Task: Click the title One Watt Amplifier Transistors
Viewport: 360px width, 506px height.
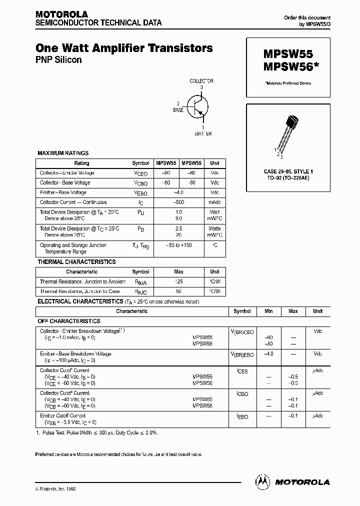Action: tap(124, 48)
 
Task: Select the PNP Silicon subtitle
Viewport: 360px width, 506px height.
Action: tap(58, 60)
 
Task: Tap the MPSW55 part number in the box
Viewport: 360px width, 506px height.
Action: tap(284, 55)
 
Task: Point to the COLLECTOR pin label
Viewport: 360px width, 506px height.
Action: tap(201, 81)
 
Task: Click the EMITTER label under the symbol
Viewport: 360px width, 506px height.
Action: tap(202, 133)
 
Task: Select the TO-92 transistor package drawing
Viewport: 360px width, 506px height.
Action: tap(286, 132)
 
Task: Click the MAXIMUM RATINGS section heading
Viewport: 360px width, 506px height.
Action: tap(63, 153)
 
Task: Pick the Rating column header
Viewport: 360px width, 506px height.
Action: tap(81, 163)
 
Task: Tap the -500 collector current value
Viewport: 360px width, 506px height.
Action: tap(178, 202)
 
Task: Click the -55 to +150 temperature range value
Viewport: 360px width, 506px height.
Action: tap(178, 245)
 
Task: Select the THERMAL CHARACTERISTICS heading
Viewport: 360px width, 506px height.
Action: tap(76, 261)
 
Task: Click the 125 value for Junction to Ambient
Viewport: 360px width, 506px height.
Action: tap(178, 281)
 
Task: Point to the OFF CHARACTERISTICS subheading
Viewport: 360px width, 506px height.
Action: tap(69, 321)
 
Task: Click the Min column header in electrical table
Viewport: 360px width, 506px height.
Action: tap(268, 311)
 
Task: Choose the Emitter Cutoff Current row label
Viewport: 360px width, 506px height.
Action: tap(63, 415)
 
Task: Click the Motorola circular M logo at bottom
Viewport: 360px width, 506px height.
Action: tap(262, 481)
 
